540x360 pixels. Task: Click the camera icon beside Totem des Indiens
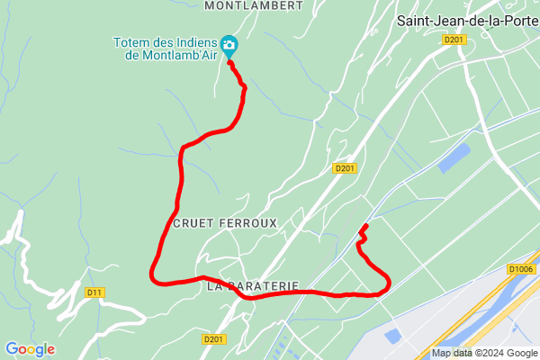click(x=229, y=44)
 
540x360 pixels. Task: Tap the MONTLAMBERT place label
click(x=253, y=5)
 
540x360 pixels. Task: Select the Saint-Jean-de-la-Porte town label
click(x=467, y=22)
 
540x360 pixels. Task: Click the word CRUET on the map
click(x=193, y=222)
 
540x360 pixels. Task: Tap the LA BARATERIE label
click(x=252, y=287)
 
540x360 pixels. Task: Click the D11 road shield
click(x=94, y=292)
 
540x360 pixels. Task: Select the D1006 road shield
click(x=521, y=269)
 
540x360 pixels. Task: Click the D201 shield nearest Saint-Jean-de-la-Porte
click(x=453, y=40)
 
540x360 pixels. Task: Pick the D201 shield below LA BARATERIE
click(x=212, y=339)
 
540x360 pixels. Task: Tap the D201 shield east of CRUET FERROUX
click(x=345, y=168)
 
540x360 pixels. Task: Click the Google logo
click(x=30, y=349)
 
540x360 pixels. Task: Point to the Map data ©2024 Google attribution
click(x=482, y=353)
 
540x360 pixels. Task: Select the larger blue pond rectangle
click(x=455, y=158)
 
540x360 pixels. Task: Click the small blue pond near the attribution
click(x=393, y=335)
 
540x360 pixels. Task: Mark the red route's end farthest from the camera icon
click(x=364, y=226)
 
